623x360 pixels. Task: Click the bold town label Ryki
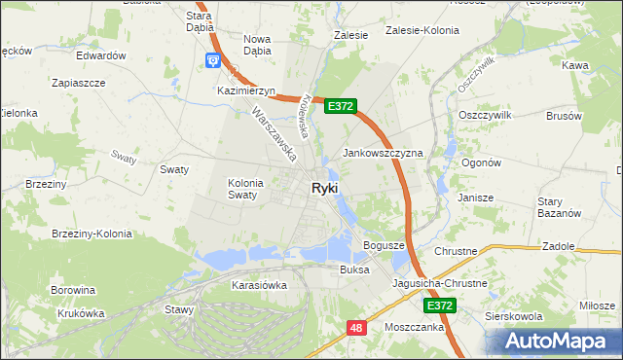coord(325,189)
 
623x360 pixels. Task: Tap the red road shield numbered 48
coord(357,329)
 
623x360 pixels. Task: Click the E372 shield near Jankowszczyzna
coord(340,106)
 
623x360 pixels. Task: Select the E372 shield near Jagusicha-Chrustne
coord(440,306)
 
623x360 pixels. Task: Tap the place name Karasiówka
coord(259,286)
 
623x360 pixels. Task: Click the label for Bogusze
coord(384,245)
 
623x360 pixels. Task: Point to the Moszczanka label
coord(416,328)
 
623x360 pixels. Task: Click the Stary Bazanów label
coord(559,207)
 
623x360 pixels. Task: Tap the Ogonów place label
coord(481,163)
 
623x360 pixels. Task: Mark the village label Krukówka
coord(79,313)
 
